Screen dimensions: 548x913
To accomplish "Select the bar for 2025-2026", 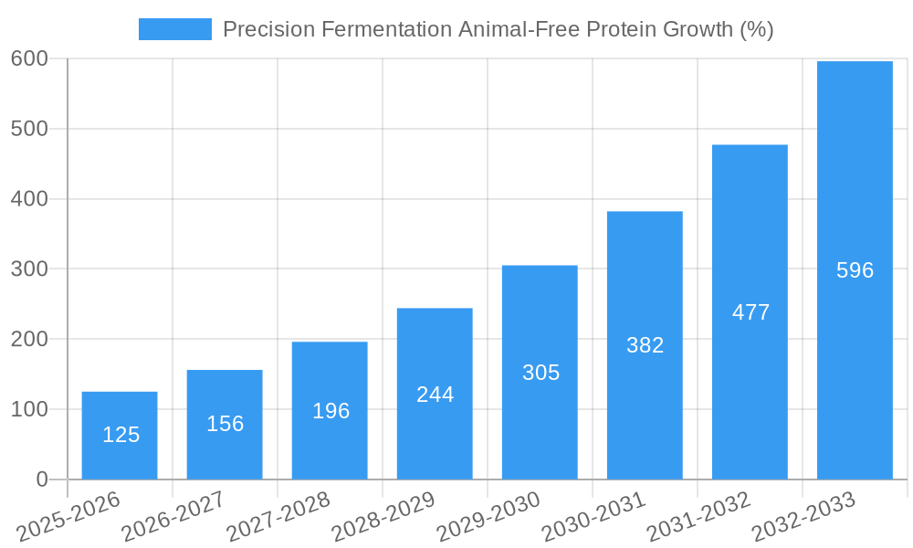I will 120,436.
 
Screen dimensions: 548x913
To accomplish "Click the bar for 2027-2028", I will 330,410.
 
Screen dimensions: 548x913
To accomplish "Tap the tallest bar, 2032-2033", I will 855,270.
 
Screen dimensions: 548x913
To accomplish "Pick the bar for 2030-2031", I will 645,345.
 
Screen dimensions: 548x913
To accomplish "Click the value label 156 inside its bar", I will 226,424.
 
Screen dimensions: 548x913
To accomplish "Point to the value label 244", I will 435,395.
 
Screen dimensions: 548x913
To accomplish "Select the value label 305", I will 540,373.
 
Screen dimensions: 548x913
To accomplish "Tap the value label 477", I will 750,312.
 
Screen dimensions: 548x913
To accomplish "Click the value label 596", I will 855,270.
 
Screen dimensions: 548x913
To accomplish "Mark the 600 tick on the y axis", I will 29,58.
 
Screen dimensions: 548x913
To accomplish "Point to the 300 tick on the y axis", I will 29,269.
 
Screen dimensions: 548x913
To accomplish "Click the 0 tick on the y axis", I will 42,479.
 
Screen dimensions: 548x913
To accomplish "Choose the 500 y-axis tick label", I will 29,129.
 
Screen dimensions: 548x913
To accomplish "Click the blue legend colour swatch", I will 174,29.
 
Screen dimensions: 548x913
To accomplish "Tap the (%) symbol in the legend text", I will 757,29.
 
